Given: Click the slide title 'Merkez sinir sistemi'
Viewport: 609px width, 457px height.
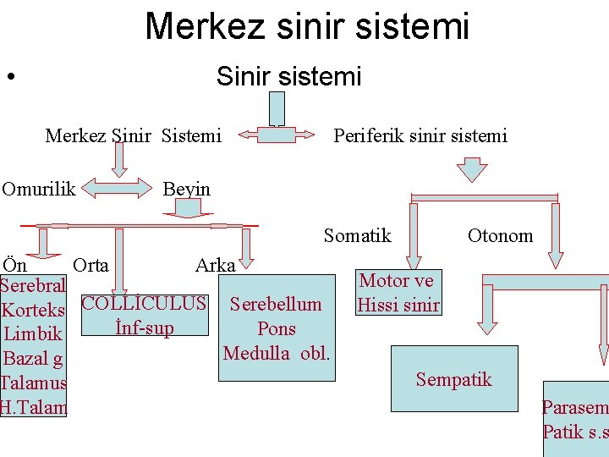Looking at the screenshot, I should click(306, 26).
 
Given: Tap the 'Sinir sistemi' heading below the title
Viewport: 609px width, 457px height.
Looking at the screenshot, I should click(288, 77).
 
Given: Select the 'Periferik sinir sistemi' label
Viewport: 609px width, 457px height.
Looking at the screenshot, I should click(420, 135).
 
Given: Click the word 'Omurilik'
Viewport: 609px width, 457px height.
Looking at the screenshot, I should click(39, 189).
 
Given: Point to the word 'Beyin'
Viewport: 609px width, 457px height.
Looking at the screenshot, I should click(186, 189).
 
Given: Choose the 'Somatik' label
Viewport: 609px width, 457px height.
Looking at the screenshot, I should click(357, 235).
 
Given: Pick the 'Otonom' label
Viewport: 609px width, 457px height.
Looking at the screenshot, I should click(500, 235).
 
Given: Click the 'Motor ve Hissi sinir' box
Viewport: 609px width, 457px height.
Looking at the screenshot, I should click(397, 293).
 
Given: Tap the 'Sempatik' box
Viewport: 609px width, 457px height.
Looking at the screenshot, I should click(453, 378).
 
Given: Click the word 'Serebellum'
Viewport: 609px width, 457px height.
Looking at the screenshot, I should click(276, 304).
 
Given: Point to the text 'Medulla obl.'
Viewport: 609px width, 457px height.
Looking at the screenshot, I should click(276, 352).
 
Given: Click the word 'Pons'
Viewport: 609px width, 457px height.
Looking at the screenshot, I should click(276, 328).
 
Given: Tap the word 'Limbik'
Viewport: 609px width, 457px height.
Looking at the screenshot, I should click(31, 335).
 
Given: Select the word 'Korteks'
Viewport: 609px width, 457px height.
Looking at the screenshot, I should click(34, 311).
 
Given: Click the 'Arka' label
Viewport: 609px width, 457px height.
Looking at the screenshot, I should click(215, 265).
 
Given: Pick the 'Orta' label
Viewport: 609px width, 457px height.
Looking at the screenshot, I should click(91, 265).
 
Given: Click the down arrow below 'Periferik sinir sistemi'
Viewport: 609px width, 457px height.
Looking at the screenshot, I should click(471, 170).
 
